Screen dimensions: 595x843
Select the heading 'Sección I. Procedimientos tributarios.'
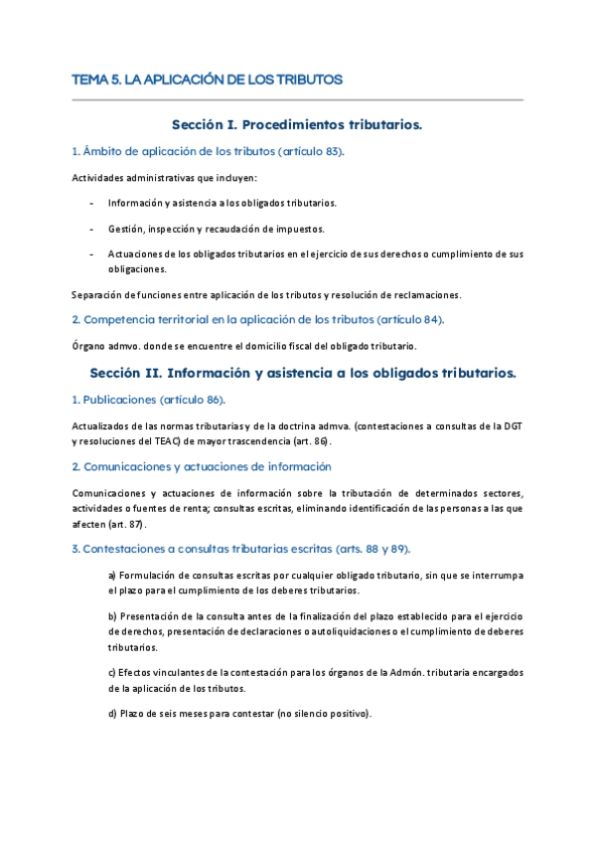[x=297, y=125]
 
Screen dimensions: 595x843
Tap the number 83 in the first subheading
[x=332, y=151]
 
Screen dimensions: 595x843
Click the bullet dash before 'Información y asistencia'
[x=91, y=203]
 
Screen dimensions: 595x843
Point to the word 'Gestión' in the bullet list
[x=125, y=229]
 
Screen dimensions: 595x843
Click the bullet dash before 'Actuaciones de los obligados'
[x=91, y=253]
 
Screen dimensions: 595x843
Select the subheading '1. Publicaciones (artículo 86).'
[x=149, y=399]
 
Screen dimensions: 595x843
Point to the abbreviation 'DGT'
[x=513, y=425]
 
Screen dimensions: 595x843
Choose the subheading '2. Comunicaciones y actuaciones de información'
[x=202, y=466]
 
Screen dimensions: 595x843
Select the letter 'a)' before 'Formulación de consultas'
[x=112, y=576]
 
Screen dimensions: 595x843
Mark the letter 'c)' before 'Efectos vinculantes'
[x=112, y=672]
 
